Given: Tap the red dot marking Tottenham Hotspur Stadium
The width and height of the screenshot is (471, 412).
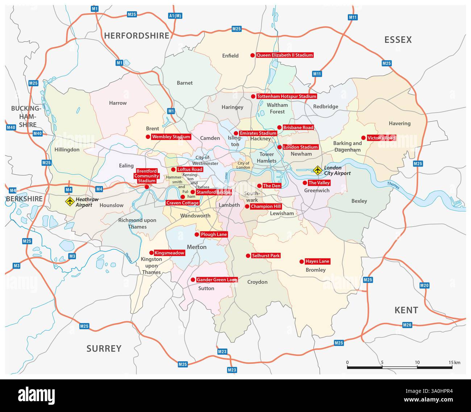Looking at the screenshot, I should (x=253, y=96).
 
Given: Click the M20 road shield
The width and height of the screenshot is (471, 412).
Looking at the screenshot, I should (x=424, y=285).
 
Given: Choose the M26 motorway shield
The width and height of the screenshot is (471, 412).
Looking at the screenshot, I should (x=407, y=325).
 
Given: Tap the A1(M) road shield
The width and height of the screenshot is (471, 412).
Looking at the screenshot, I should (x=175, y=16).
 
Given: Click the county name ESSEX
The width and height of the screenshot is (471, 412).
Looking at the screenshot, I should (x=398, y=40).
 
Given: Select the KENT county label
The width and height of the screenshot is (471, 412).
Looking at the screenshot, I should (x=406, y=310).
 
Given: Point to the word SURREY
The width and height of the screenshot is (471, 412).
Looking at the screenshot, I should (x=104, y=349).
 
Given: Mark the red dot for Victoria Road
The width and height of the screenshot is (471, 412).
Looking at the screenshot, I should (x=363, y=138).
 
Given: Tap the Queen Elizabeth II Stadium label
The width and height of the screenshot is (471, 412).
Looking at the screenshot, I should (x=284, y=55).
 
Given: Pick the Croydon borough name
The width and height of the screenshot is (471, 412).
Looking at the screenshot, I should (x=257, y=282).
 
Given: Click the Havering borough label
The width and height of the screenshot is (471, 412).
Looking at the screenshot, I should (x=400, y=123).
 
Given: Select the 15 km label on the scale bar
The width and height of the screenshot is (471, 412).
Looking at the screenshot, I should (x=454, y=362).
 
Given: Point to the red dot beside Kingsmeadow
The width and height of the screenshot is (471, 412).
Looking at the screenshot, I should (x=151, y=253).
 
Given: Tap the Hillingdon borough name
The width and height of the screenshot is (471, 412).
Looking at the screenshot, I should (x=67, y=149).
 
